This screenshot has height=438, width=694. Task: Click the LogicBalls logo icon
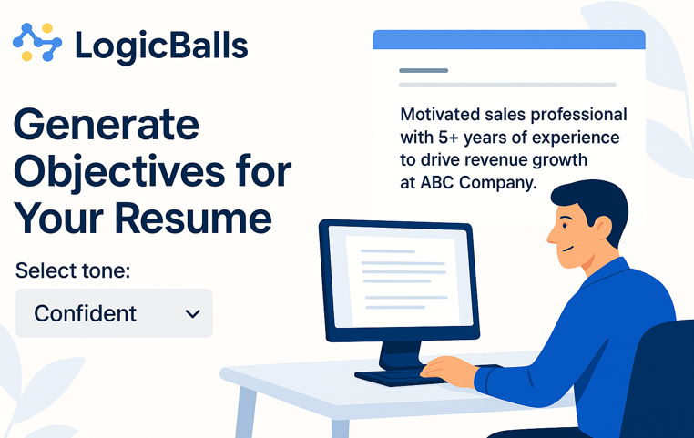point(37,42)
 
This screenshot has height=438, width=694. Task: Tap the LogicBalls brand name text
point(161,46)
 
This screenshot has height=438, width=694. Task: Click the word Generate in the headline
point(107,125)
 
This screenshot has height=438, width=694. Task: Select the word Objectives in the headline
point(119,172)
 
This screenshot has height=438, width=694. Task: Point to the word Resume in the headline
point(193,219)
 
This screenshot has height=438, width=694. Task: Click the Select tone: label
point(73,270)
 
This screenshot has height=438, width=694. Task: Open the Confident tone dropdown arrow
point(192,313)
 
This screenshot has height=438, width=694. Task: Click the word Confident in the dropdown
point(85,313)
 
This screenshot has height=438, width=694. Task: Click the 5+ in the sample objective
point(448,138)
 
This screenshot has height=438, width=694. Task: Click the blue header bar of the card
point(509,39)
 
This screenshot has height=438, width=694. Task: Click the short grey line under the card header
point(424,70)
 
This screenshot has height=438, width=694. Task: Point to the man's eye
point(565,225)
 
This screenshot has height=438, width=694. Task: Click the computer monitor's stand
point(401,355)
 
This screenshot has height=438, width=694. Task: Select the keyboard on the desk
point(398,377)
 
